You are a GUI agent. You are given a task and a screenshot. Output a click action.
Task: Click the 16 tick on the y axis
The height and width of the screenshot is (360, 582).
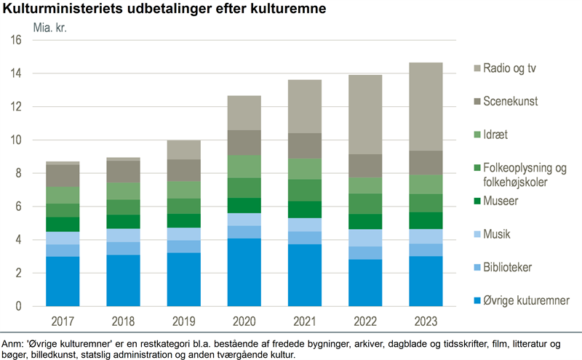point(15,41)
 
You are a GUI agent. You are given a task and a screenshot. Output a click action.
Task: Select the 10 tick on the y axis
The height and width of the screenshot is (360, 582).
point(15,140)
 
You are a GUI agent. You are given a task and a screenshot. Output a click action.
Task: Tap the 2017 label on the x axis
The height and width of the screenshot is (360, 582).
point(63,321)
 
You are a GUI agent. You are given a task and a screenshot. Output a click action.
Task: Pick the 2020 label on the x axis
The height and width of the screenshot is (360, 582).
point(244,321)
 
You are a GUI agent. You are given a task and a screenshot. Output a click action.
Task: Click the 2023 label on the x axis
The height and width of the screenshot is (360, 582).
point(426,321)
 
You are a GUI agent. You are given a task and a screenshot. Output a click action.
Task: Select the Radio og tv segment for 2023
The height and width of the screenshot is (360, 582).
point(426,106)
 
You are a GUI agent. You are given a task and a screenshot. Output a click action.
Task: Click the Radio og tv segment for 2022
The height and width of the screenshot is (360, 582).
point(365,114)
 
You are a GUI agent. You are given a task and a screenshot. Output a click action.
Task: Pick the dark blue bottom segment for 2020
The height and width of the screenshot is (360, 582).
point(244,272)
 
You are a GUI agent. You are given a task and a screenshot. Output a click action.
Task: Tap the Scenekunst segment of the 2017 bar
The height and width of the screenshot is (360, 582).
point(63,176)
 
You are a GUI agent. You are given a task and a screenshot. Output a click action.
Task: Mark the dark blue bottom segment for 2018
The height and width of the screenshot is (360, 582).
point(124,280)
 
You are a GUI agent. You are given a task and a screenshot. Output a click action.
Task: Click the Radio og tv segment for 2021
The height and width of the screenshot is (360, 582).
point(305,106)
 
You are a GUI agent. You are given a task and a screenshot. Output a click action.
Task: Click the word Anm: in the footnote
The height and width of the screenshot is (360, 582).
point(14,343)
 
